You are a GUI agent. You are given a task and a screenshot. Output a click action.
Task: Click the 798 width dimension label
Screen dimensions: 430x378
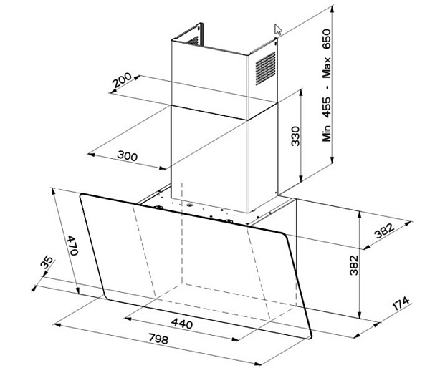(158, 339)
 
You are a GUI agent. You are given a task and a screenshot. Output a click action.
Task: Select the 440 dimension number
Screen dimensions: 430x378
(182, 323)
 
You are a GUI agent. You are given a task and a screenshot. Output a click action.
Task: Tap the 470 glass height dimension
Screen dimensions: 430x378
(73, 245)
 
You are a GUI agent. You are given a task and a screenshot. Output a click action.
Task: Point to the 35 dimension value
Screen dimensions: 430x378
(47, 262)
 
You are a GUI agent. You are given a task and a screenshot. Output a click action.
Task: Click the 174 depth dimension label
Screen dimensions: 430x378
(401, 304)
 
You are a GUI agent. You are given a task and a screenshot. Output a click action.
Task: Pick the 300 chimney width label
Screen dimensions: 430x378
(128, 155)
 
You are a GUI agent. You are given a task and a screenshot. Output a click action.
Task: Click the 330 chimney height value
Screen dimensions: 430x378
(295, 136)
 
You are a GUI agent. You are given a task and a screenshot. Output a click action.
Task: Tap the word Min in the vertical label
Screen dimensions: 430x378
(327, 133)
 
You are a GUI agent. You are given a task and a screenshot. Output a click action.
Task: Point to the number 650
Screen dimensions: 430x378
(327, 39)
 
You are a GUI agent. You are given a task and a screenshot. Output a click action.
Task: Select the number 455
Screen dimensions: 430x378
(327, 107)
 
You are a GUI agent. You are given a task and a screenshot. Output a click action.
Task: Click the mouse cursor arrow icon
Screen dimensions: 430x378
(278, 29)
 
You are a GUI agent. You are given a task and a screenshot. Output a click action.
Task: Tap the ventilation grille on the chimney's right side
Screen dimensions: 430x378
(265, 68)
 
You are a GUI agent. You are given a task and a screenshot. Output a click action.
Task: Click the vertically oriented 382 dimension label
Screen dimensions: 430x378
(354, 265)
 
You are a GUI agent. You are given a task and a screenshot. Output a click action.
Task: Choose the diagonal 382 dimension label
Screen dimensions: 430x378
(384, 231)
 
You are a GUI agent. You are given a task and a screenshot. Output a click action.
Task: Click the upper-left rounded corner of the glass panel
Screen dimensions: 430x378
(82, 195)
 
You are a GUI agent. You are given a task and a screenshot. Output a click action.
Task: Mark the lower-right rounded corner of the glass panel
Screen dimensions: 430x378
(310, 336)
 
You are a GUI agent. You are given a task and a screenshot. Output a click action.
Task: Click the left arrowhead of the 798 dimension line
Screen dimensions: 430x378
(57, 325)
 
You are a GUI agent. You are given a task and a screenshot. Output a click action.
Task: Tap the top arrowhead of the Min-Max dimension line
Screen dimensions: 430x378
(332, 9)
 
